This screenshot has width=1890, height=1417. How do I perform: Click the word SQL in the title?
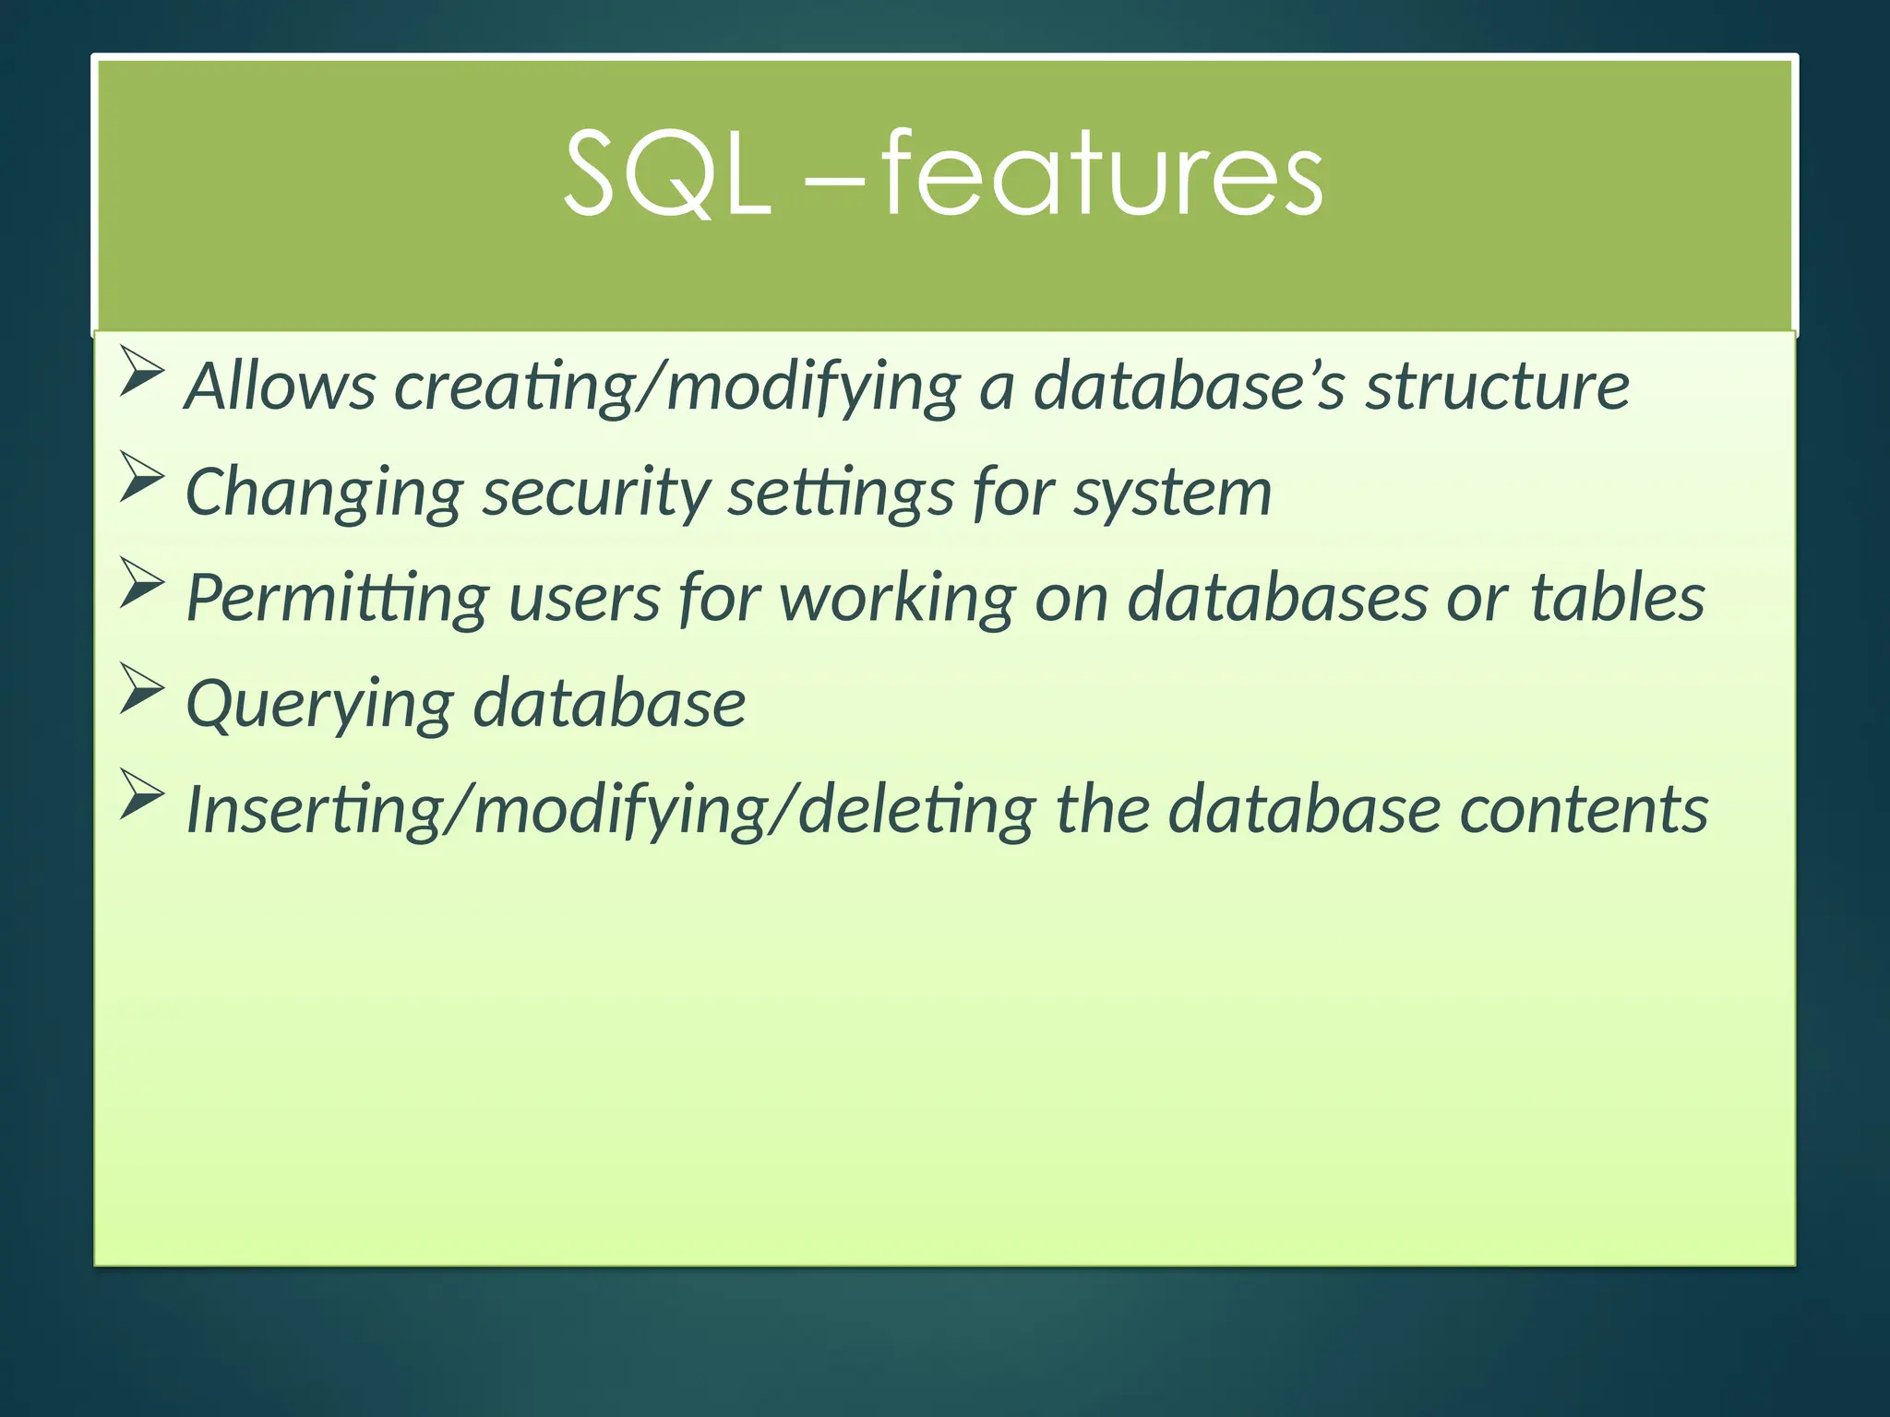(666, 173)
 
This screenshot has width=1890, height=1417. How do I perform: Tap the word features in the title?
(1102, 173)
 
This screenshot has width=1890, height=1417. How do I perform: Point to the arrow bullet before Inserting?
(142, 795)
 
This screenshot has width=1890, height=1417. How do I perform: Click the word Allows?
(281, 386)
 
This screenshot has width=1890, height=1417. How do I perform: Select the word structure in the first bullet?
(1497, 386)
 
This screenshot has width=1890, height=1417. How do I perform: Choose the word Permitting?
(337, 599)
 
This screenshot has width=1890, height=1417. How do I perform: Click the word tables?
(1617, 597)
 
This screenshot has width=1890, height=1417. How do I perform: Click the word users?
(583, 599)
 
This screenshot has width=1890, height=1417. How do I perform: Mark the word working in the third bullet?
(897, 599)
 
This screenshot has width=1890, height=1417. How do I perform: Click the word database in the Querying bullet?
(609, 703)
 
